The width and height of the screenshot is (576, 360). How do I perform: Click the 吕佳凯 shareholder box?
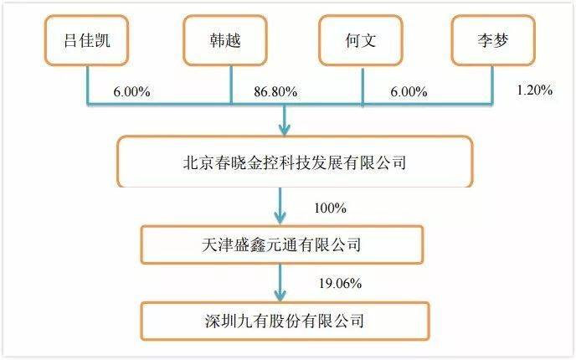(x=87, y=40)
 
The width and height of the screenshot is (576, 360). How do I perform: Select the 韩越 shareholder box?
(x=225, y=40)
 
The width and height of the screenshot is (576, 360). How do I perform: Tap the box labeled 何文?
(x=361, y=40)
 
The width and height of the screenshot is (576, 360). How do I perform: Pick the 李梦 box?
(x=493, y=40)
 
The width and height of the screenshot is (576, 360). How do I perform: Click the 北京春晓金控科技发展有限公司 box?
(x=295, y=162)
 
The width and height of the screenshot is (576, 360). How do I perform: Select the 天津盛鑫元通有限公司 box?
(x=282, y=244)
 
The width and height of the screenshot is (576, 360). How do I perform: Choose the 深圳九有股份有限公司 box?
(x=285, y=321)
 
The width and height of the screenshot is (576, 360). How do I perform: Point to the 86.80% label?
(x=275, y=91)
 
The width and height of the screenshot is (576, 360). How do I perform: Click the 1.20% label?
(x=534, y=90)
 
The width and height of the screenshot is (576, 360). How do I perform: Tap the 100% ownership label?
(x=330, y=208)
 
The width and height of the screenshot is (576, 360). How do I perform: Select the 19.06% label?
(x=340, y=283)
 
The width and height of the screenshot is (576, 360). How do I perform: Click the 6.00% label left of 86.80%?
(x=131, y=91)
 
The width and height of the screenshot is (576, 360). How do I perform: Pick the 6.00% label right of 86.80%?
(x=409, y=91)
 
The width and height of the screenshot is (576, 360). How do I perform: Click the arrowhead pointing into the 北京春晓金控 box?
(x=285, y=130)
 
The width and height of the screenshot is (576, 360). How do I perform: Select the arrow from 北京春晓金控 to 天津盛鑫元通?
(x=280, y=206)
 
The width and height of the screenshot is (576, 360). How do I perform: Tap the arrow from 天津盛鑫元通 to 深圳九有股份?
(x=280, y=283)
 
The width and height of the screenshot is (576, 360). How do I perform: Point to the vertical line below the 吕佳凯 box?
(x=88, y=85)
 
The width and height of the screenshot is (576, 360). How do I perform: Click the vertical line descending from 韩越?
(x=231, y=85)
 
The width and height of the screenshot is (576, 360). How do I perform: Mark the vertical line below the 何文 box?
(x=363, y=87)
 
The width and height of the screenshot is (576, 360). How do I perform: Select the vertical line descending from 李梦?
(x=492, y=85)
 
